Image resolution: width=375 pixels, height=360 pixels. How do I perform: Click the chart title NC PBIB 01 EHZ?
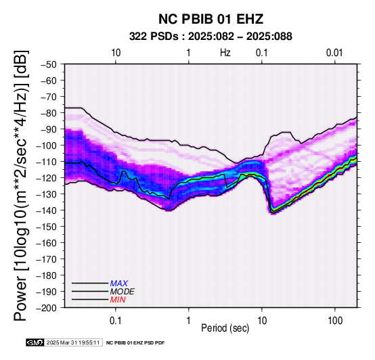211,19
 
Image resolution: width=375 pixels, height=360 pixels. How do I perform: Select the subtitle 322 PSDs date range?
211,37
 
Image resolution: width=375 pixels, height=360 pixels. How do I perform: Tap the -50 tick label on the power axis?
49,64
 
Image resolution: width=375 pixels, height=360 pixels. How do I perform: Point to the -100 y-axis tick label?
47,145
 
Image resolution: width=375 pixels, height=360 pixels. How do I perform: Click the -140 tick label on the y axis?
47,210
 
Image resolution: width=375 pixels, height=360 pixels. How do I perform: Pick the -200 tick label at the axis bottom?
47,308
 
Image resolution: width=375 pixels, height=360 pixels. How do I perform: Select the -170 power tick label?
47,259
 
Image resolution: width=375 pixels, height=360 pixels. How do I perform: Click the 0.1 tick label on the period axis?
116,321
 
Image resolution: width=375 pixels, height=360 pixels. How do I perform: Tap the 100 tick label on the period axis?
335,321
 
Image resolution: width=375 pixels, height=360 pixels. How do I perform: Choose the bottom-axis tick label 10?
262,321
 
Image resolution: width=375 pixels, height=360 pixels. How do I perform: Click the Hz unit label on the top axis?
225,53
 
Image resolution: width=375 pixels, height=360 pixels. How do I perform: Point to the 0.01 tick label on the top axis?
334,53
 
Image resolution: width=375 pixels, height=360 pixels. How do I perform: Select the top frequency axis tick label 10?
116,53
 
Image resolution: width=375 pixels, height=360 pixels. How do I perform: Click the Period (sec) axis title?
225,328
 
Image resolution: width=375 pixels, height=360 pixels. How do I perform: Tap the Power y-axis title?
20,185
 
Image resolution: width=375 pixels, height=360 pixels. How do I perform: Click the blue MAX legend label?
119,284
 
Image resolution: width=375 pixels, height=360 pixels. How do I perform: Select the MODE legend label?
123,292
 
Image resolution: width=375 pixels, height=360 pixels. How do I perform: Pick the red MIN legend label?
118,300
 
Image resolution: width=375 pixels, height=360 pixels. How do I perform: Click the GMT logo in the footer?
35,342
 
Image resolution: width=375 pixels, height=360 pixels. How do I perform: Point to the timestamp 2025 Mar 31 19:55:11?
73,342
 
